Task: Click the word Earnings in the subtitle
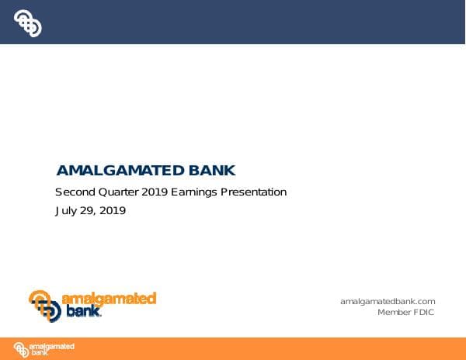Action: click(x=195, y=192)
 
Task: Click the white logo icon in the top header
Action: click(x=27, y=23)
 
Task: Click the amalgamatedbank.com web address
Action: click(x=388, y=301)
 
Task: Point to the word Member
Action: click(x=395, y=312)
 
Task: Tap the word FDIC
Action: click(x=424, y=312)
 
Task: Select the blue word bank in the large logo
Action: click(x=82, y=312)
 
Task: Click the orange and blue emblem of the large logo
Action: click(x=45, y=306)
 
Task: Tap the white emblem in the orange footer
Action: click(x=21, y=349)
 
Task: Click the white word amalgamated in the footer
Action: click(x=52, y=345)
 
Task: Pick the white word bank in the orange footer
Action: click(x=38, y=353)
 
